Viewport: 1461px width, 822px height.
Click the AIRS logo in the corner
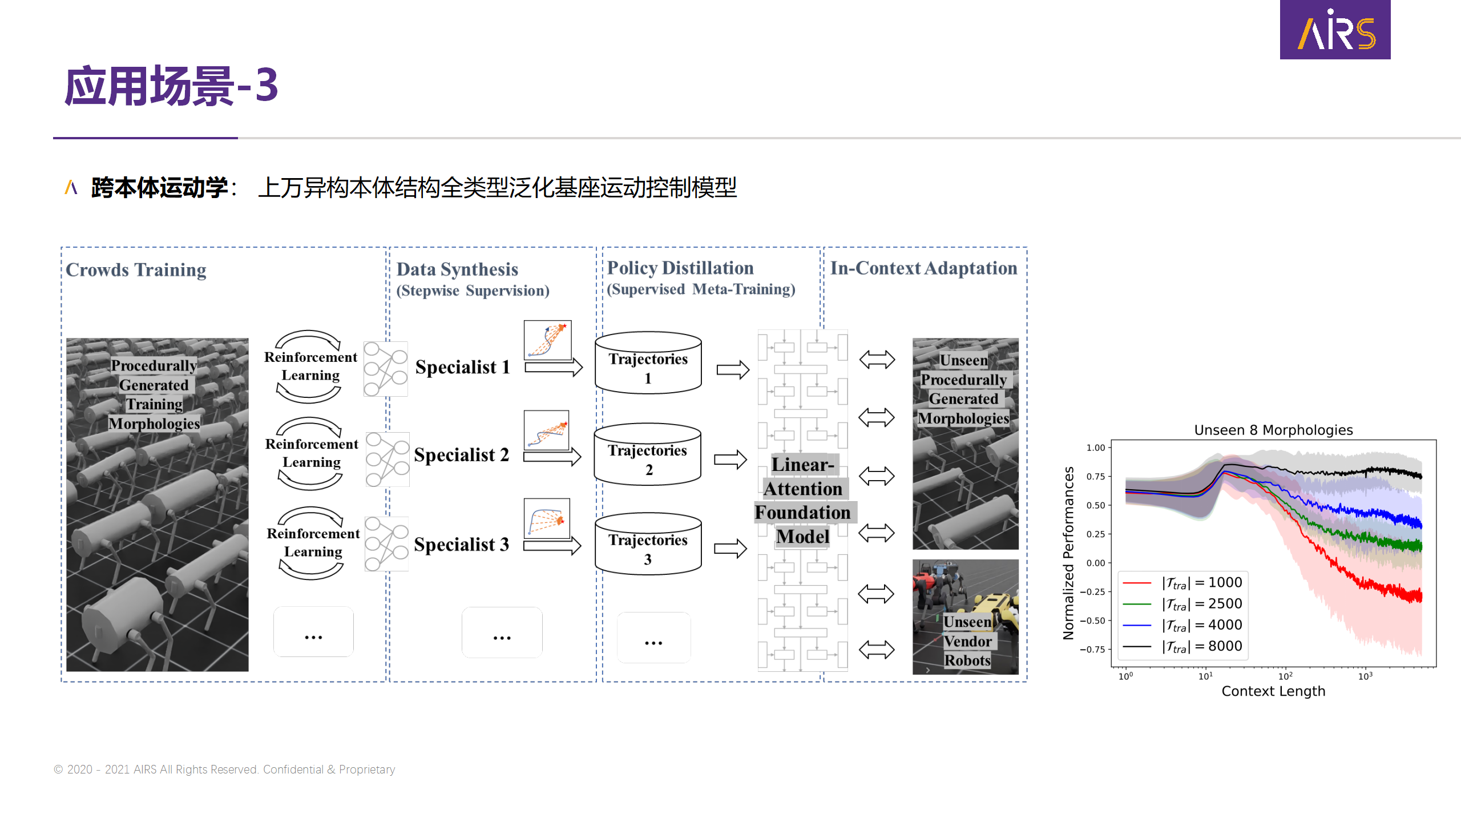[1335, 30]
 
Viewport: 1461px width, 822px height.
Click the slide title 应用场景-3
[171, 86]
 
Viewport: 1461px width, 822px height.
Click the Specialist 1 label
[462, 367]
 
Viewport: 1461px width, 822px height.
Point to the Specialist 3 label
[461, 545]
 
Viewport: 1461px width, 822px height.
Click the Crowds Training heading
[136, 269]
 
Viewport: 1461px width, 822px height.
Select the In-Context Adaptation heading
[923, 268]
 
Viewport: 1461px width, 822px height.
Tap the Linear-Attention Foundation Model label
[802, 501]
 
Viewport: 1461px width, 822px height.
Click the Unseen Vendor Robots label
[967, 641]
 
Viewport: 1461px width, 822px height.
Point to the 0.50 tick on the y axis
[1096, 505]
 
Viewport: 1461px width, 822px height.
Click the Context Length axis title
[1273, 691]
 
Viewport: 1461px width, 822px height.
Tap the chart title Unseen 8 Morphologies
[1273, 430]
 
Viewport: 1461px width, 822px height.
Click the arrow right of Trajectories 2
[730, 459]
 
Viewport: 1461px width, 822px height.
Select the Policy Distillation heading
[680, 268]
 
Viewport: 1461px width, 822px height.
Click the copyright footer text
[224, 769]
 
